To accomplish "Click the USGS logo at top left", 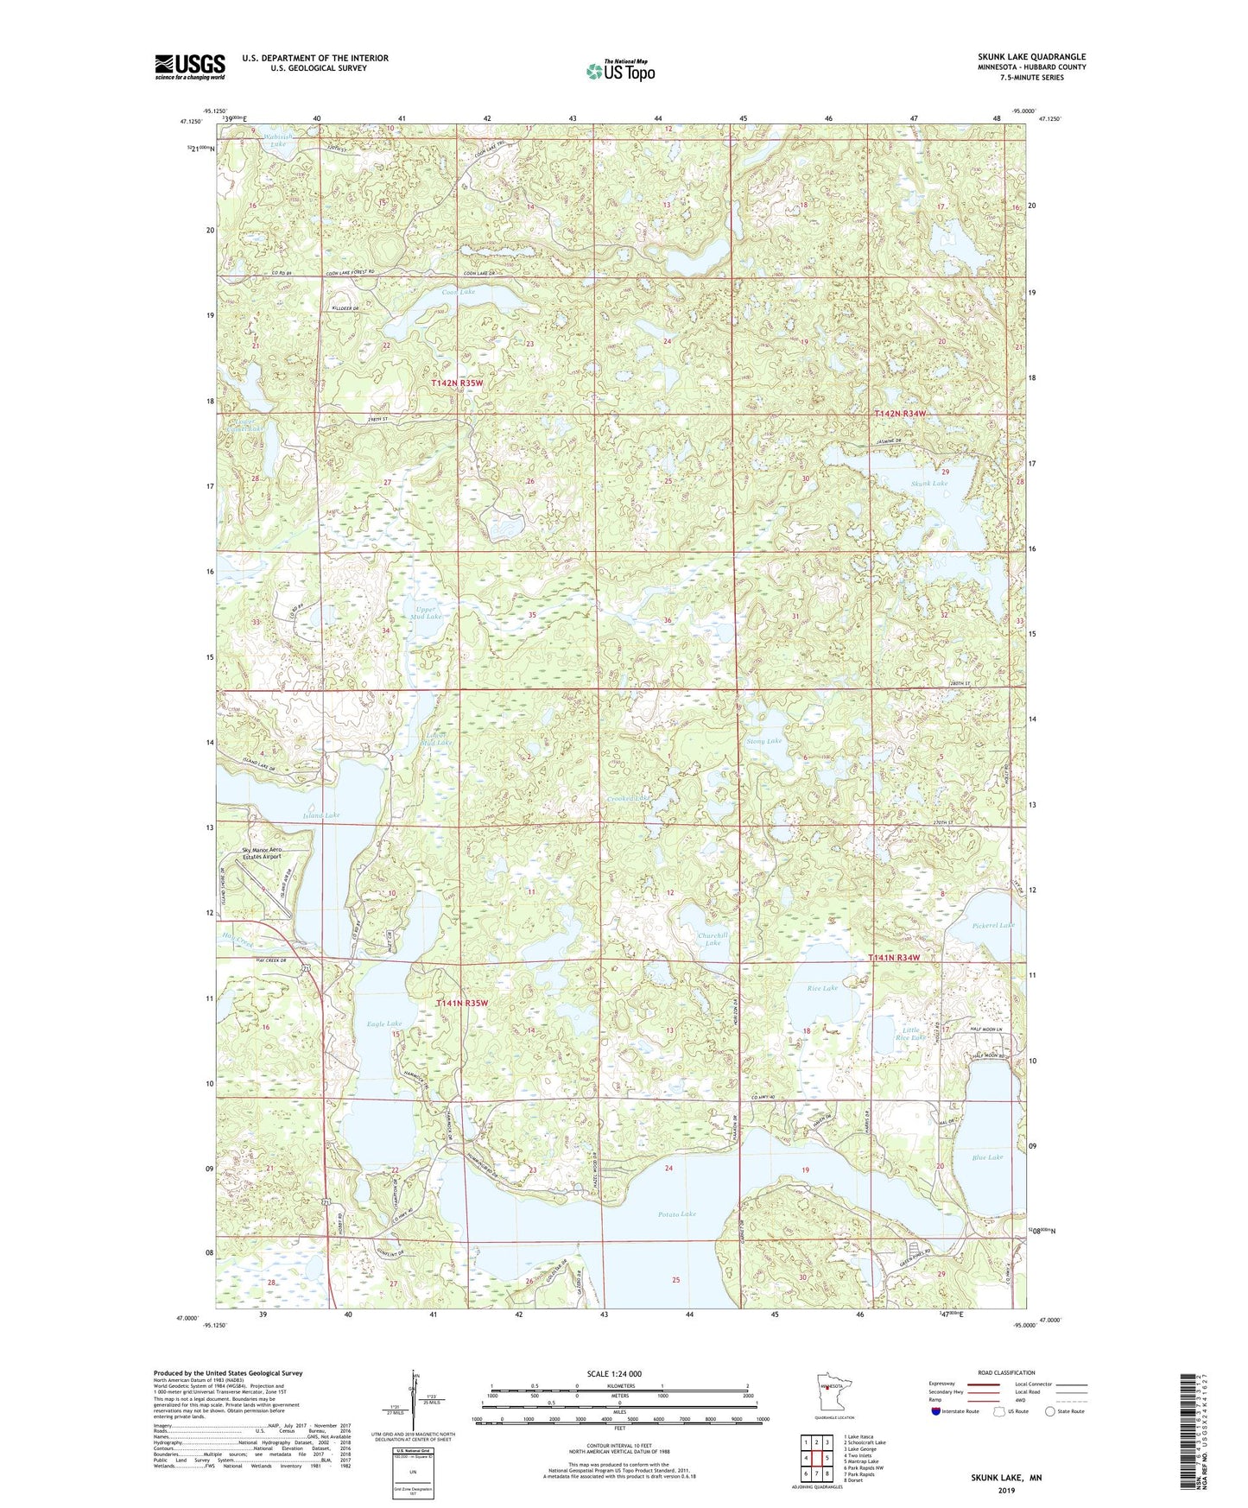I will point(190,67).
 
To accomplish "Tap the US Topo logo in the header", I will point(620,71).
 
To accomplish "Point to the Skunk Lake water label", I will point(928,484).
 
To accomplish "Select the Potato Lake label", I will point(676,1213).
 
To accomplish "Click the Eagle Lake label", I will point(383,1023).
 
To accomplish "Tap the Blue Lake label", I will point(987,1157).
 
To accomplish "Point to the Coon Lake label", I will point(458,292).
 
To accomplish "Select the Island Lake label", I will point(320,814).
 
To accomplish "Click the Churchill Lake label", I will point(713,939).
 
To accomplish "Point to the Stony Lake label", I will point(763,741).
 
